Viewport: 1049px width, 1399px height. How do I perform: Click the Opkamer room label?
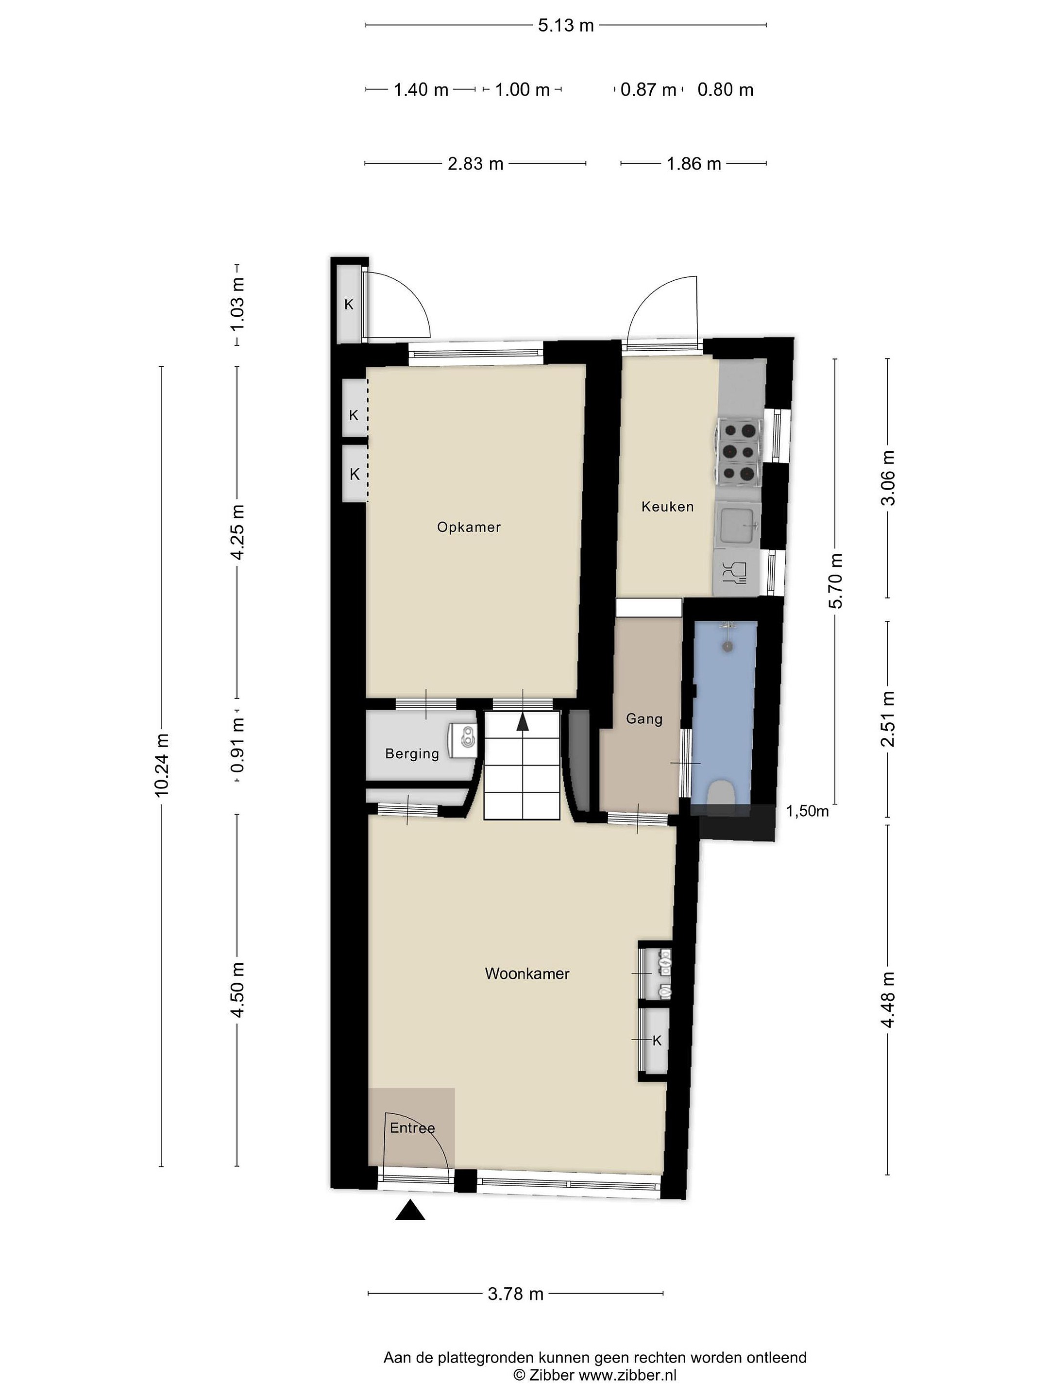tap(469, 527)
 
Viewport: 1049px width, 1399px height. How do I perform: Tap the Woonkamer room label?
tap(527, 973)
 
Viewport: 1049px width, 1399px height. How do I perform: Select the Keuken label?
tap(667, 506)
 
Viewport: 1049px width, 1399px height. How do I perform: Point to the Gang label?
tap(643, 719)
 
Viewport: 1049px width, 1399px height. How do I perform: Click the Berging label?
tap(412, 754)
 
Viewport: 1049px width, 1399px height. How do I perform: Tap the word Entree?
tap(412, 1127)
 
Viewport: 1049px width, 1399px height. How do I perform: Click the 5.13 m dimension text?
tap(566, 25)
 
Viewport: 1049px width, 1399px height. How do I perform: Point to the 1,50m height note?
tap(807, 811)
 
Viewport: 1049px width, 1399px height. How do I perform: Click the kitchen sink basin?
tap(737, 525)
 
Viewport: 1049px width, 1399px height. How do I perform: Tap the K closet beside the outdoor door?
tap(348, 304)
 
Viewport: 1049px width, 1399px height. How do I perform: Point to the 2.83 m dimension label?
tap(475, 164)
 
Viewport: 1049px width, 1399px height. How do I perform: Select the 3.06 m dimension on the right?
tap(888, 478)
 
